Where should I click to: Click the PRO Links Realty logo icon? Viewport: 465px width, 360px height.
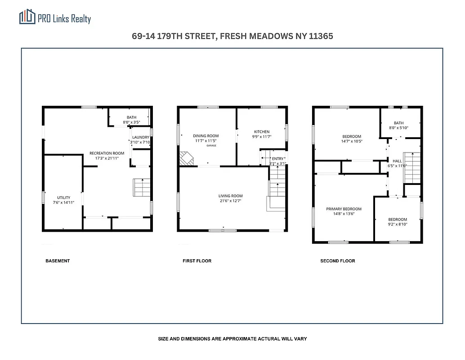click(x=27, y=17)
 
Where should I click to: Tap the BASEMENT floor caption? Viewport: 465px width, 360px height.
click(x=58, y=261)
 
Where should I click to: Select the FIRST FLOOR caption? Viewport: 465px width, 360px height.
click(x=197, y=261)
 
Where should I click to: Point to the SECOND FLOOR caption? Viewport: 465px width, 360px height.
click(x=337, y=261)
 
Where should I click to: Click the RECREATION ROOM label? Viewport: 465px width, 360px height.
click(x=107, y=153)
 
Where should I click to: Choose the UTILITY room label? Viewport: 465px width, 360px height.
click(x=63, y=198)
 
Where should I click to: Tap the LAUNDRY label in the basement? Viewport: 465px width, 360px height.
click(x=141, y=137)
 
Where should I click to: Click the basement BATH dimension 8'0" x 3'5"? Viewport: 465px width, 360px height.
click(x=131, y=122)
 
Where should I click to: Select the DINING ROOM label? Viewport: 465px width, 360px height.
click(x=206, y=136)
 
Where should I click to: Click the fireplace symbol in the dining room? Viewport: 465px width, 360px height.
click(x=186, y=158)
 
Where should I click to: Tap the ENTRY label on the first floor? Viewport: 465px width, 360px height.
click(x=277, y=158)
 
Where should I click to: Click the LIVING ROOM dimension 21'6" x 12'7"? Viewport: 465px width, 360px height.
click(x=230, y=201)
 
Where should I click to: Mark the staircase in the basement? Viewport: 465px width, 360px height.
click(x=142, y=187)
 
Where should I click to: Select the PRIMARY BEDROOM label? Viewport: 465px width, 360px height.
click(x=344, y=209)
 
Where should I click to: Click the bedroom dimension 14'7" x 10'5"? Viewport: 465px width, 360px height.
click(x=351, y=141)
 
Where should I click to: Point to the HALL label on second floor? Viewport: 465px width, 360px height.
click(x=397, y=161)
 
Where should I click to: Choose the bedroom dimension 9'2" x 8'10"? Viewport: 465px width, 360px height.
click(x=398, y=224)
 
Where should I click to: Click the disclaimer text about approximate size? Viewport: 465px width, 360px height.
click(x=232, y=338)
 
